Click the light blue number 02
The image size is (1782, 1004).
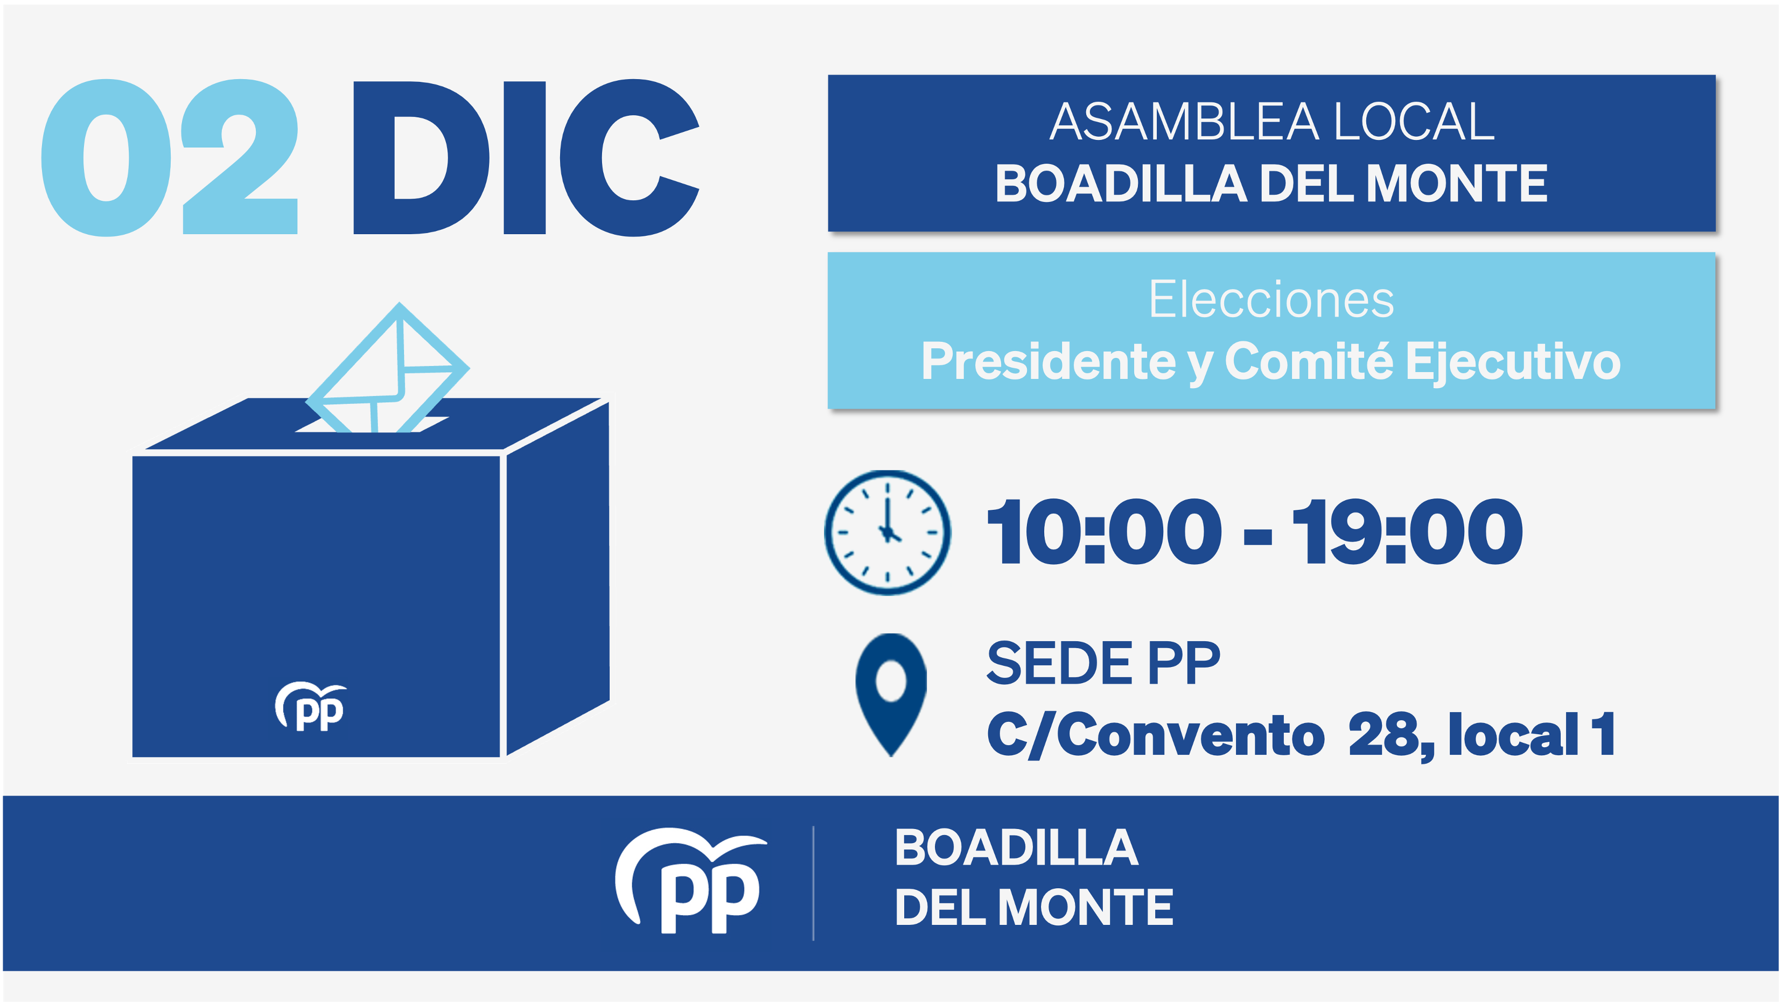(170, 158)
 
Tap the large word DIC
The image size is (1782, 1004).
(526, 158)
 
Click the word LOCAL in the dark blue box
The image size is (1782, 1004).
(1414, 122)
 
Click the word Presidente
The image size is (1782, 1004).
(1048, 362)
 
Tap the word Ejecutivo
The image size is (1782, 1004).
(1513, 362)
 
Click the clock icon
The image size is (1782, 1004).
(887, 532)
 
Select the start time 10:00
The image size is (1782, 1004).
(1104, 532)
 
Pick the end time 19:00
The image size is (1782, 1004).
(1407, 532)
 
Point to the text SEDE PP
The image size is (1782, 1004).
(1103, 663)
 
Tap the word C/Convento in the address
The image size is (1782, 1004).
(1155, 734)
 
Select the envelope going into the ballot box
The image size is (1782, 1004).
(387, 370)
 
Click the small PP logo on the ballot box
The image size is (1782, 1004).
(311, 707)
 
